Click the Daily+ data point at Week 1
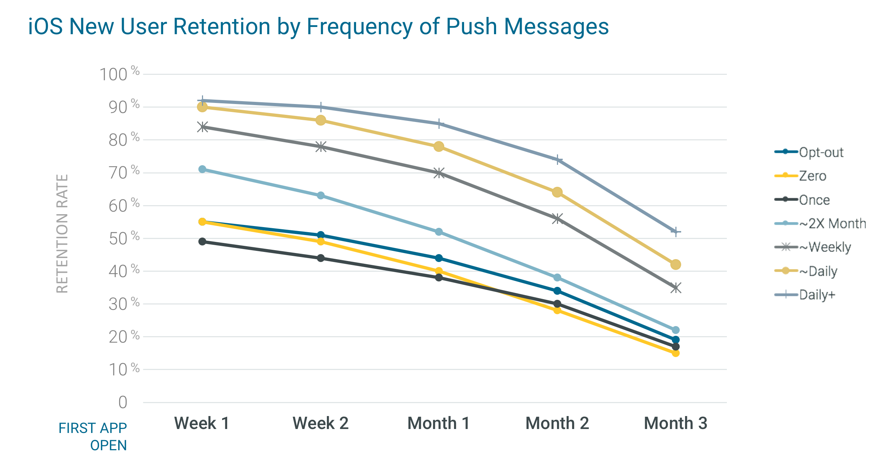click(x=202, y=100)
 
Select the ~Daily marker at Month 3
click(x=676, y=265)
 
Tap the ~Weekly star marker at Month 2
click(x=557, y=218)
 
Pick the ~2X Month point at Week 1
click(x=202, y=169)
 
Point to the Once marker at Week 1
click(x=202, y=241)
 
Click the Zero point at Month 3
click(x=676, y=353)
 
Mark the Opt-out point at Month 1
click(x=439, y=258)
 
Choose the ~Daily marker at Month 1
click(x=439, y=146)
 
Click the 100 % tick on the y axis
click(x=119, y=74)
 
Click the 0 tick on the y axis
click(x=123, y=402)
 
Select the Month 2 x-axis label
click(x=557, y=423)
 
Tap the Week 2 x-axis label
click(x=320, y=423)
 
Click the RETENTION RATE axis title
click(x=62, y=234)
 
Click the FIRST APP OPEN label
click(x=93, y=437)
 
